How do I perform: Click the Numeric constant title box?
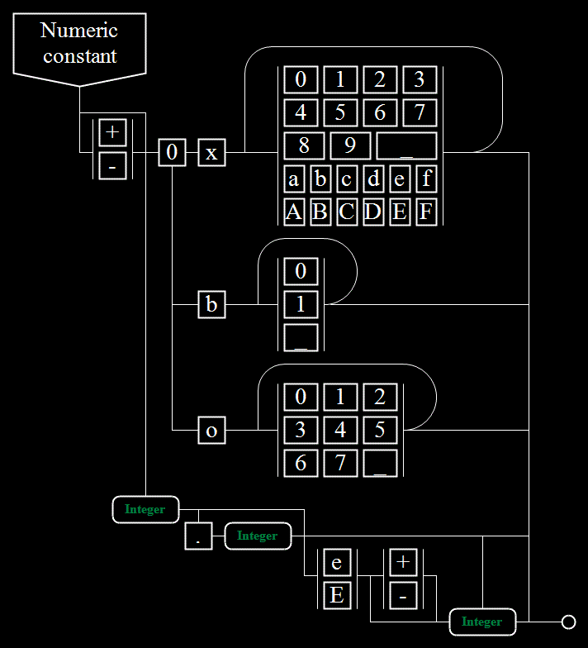click(79, 49)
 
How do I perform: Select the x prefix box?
click(211, 152)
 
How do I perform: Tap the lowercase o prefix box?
click(211, 430)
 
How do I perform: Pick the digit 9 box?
click(350, 145)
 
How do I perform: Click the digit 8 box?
click(304, 145)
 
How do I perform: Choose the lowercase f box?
click(426, 179)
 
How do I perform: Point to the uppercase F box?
click(426, 212)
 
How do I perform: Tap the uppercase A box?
click(294, 212)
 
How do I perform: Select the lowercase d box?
click(373, 179)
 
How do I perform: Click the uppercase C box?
click(347, 212)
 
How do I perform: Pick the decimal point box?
click(198, 536)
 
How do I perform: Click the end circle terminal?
click(568, 622)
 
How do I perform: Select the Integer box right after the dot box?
click(258, 536)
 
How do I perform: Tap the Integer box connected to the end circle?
click(482, 622)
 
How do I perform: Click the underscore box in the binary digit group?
click(301, 337)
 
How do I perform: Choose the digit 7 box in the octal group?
click(340, 463)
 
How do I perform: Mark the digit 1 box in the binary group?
click(301, 304)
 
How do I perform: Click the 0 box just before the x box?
click(172, 152)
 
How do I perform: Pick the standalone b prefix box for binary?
click(211, 304)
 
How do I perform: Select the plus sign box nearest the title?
click(112, 132)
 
